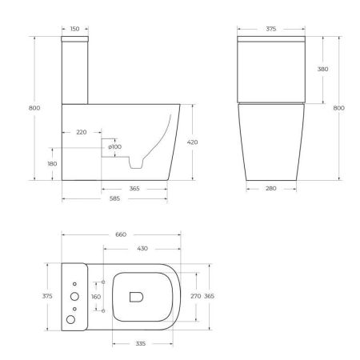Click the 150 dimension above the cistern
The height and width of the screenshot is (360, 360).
74,29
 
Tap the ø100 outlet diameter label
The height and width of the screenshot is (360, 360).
115,146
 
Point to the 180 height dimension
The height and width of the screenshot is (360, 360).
52,164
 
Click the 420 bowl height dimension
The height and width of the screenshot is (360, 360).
192,142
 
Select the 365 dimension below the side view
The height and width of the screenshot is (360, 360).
134,190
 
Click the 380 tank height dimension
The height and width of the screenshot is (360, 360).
322,70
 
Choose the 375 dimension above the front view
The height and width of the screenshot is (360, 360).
270,29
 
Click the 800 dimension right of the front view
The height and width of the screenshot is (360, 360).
338,108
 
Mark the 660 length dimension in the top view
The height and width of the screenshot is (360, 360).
122,234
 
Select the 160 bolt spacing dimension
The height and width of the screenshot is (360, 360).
97,296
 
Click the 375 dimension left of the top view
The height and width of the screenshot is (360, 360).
46,296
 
